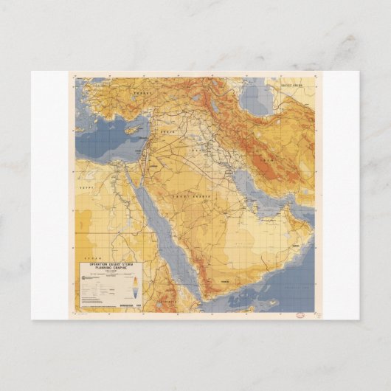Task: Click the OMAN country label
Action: coord(297,245)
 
